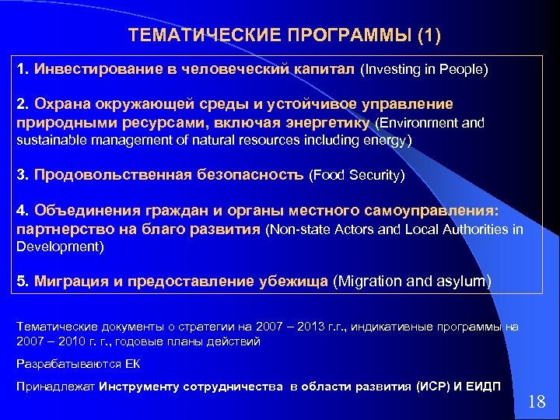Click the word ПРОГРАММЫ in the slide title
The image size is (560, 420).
340,36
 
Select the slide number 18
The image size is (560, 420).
537,401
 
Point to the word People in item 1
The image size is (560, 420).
464,70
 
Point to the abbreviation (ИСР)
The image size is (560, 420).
438,387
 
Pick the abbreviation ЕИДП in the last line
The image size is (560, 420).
485,387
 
